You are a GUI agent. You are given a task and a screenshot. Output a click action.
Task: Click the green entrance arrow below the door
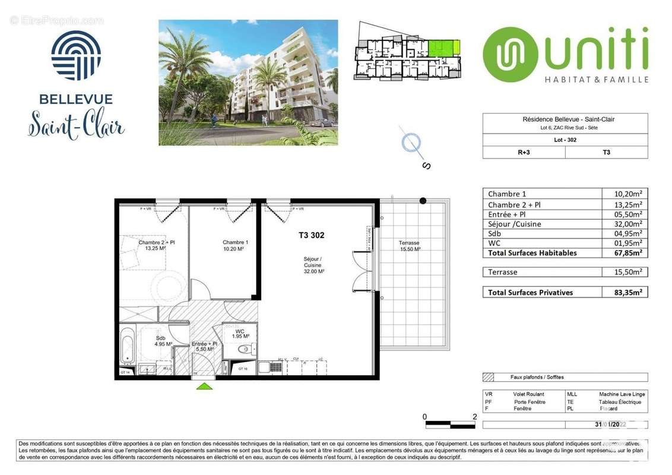204,387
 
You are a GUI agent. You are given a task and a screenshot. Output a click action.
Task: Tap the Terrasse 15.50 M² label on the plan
409,246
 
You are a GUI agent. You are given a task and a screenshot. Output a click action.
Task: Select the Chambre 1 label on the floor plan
235,245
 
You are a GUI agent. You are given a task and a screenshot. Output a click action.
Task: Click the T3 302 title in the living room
311,235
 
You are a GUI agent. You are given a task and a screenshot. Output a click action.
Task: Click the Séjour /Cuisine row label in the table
515,224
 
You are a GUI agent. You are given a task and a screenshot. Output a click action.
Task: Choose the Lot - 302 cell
565,140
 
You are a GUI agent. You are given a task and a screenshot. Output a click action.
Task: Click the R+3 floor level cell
524,152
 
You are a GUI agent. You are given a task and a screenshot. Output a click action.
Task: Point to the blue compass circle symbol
411,142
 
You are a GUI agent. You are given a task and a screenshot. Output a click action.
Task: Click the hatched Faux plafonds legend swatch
489,377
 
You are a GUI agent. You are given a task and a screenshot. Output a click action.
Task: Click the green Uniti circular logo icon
506,55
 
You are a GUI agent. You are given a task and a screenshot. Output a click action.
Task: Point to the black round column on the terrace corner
423,201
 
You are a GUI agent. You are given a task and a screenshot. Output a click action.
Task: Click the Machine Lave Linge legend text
622,394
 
